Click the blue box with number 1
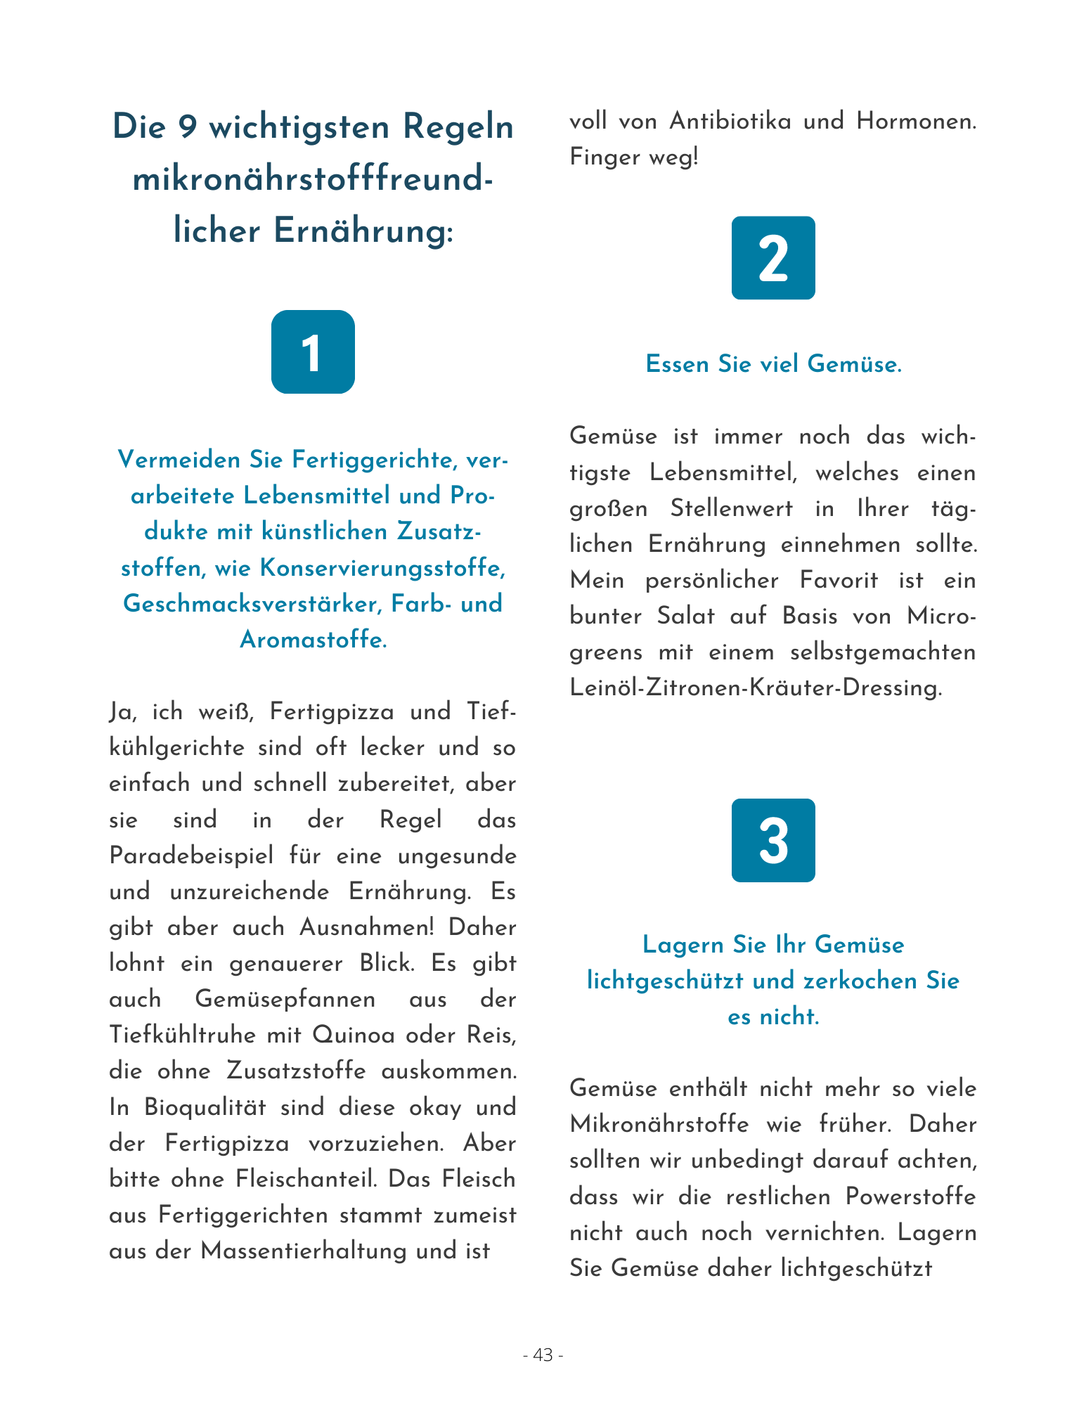[x=313, y=351]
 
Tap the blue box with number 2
[x=773, y=258]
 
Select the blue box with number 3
[x=773, y=840]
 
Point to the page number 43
[x=543, y=1355]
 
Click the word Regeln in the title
[x=458, y=128]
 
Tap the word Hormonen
[x=916, y=121]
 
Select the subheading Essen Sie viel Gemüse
[x=773, y=364]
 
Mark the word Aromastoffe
[x=312, y=639]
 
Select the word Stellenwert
[x=731, y=508]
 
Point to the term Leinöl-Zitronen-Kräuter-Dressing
[x=755, y=688]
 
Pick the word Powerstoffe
[x=910, y=1196]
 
